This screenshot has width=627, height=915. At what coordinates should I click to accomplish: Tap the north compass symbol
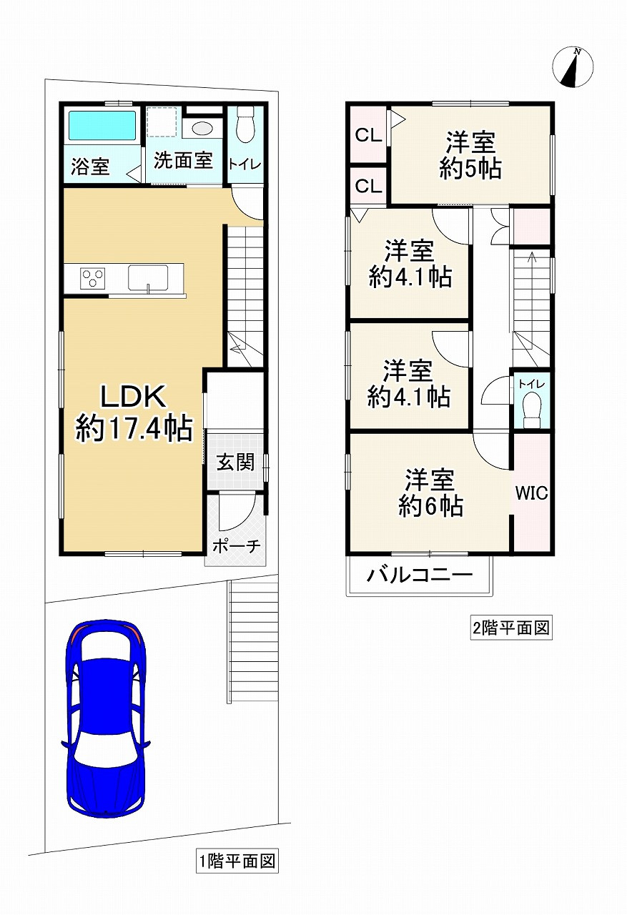click(x=573, y=66)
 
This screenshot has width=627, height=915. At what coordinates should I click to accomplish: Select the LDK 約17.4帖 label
click(x=134, y=412)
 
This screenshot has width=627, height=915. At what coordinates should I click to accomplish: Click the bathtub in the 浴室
click(x=102, y=125)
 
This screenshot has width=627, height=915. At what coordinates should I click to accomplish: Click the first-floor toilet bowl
click(x=245, y=124)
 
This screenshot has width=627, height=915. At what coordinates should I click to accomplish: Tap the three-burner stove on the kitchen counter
click(x=93, y=278)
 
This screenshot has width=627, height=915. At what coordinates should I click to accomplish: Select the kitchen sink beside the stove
click(x=148, y=278)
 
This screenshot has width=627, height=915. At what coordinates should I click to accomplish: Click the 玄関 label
click(x=236, y=462)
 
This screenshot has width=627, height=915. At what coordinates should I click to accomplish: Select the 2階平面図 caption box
click(x=511, y=628)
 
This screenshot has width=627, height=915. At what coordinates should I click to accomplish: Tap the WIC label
click(x=531, y=493)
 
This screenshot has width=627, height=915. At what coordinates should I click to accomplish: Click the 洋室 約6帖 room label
click(x=430, y=493)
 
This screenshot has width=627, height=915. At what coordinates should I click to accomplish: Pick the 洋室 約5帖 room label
click(x=470, y=155)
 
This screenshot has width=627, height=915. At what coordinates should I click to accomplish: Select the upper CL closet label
click(x=368, y=135)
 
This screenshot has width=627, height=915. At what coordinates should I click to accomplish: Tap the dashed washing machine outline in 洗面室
click(x=162, y=122)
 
